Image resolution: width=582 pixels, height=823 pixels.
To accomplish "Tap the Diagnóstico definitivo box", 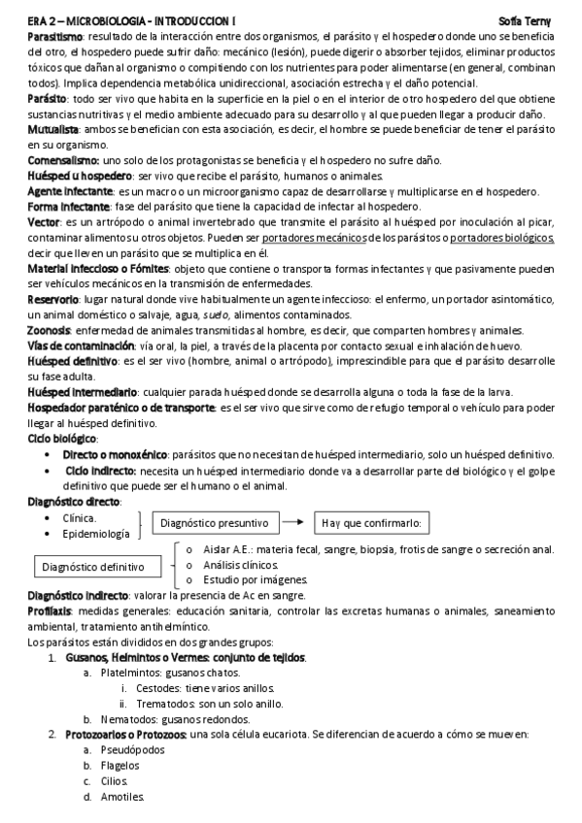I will coord(93,565).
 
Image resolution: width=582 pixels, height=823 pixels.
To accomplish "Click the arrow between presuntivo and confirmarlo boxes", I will coord(291,523).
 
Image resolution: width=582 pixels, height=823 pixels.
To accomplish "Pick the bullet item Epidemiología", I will coord(95,534).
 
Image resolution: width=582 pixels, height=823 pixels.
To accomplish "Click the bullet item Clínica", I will coord(79,517).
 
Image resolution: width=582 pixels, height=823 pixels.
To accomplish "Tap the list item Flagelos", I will coord(121,766).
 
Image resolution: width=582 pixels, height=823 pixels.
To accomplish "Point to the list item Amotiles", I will coord(122,797).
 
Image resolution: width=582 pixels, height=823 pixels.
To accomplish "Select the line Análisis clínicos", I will coord(245,565).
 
